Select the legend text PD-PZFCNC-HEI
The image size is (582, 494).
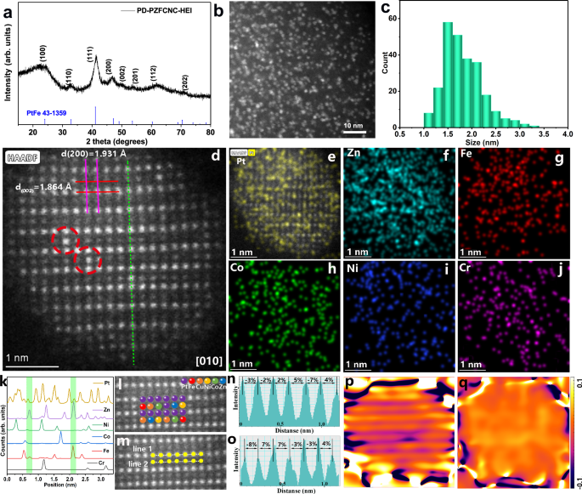point(158,9)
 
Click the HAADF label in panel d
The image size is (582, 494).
point(24,156)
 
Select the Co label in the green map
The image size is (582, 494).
point(241,269)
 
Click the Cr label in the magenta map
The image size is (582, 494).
point(469,269)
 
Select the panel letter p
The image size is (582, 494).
point(350,381)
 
